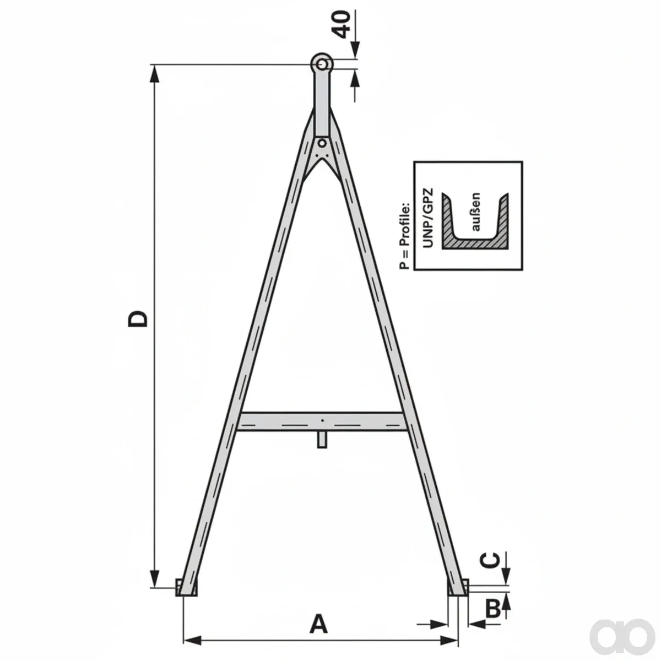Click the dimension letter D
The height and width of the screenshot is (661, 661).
pyautogui.click(x=138, y=319)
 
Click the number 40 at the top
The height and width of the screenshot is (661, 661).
pyautogui.click(x=342, y=24)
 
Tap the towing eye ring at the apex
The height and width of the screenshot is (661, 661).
pyautogui.click(x=322, y=64)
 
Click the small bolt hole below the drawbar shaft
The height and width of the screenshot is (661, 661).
pyautogui.click(x=322, y=143)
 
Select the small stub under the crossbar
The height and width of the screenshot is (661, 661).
pyautogui.click(x=322, y=440)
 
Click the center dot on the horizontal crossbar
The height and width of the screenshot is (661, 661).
pyautogui.click(x=322, y=420)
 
